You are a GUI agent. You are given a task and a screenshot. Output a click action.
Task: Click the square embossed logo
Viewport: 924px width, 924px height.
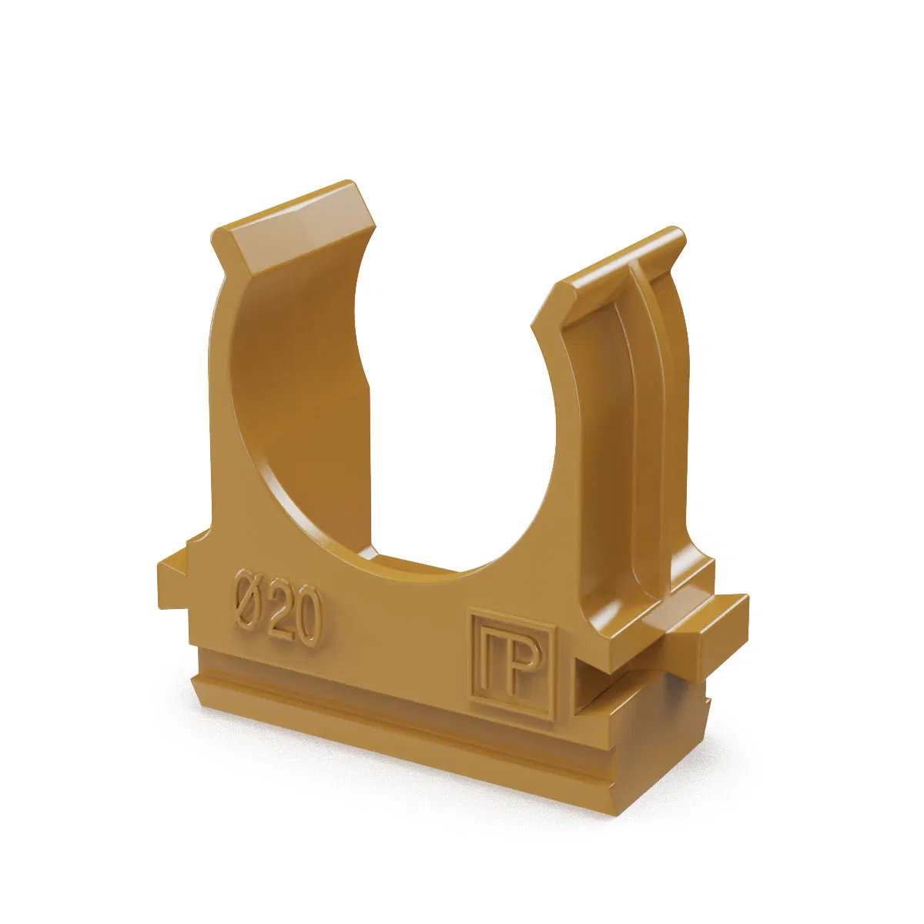[511, 665]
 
